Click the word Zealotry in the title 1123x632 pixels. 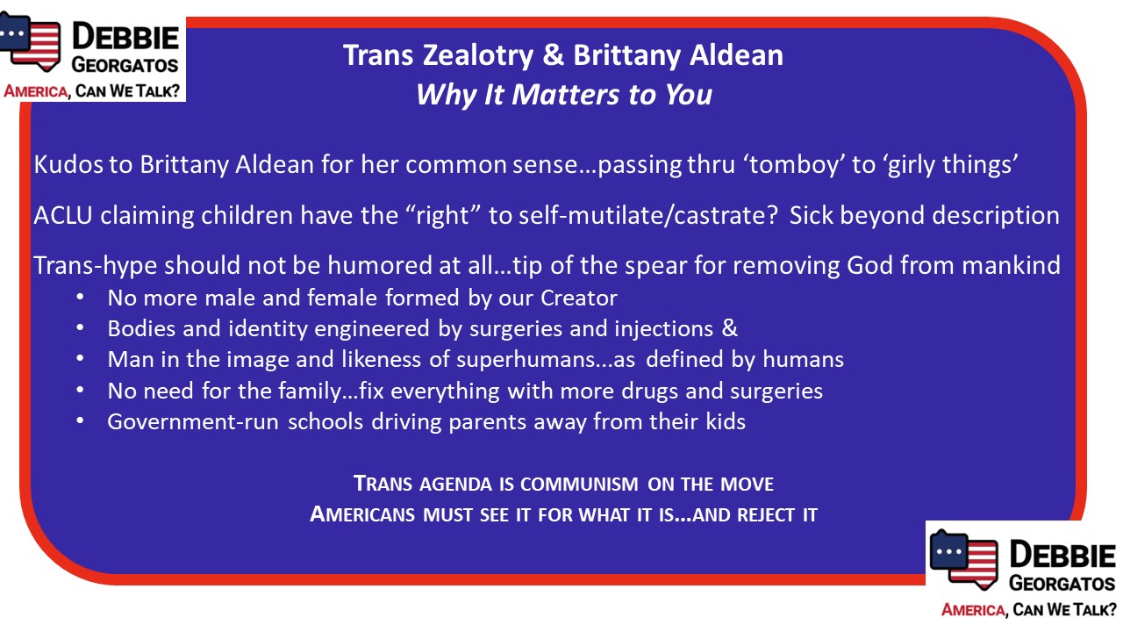[x=478, y=56]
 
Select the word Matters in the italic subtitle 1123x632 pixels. [x=565, y=94]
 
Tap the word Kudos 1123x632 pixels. [x=68, y=164]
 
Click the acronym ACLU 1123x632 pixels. [x=63, y=216]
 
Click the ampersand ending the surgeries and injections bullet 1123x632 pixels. [x=729, y=329]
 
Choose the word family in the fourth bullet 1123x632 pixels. [x=310, y=391]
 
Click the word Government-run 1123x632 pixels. [x=193, y=422]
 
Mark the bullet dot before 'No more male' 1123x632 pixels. [x=80, y=298]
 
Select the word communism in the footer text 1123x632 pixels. [x=579, y=485]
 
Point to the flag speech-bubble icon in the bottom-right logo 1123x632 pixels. [x=963, y=560]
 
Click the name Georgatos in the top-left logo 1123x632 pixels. [x=125, y=65]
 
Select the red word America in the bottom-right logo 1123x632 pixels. [x=974, y=610]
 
